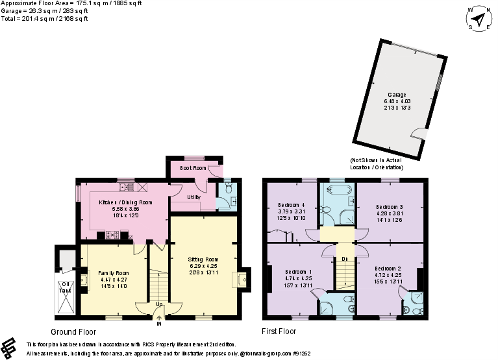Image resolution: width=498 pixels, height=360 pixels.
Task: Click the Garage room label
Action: pos(397,95)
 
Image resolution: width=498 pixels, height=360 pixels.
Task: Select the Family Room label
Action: pos(113,272)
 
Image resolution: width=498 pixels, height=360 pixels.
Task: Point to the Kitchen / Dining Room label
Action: pos(125,202)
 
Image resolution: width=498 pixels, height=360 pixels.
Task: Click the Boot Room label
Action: pos(193,168)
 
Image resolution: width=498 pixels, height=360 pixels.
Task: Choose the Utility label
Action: pos(193,197)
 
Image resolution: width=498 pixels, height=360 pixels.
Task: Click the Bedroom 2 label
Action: pos(387,268)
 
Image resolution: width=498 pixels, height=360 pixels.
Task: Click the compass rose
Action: pos(479,21)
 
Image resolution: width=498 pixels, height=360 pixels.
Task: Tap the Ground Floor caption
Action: pos(69,331)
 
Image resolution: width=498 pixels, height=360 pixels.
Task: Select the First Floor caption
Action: pos(279,331)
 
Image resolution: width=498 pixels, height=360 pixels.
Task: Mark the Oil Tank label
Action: pos(66,288)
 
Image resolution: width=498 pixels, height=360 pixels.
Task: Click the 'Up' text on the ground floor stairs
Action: pos(159,304)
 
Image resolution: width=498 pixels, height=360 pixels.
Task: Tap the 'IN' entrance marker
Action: pos(159,323)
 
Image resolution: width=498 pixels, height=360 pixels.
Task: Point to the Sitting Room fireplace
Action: pos(243,280)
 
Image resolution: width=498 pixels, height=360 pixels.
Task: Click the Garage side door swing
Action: pos(419,134)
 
